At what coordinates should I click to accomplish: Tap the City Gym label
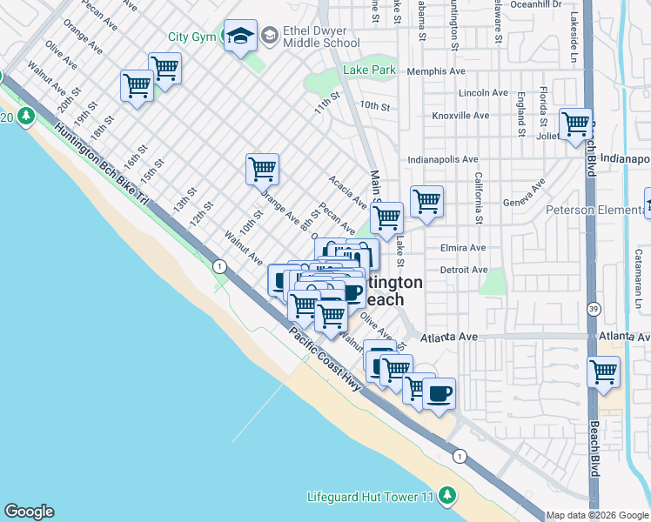[191, 37]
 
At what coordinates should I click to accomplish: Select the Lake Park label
[370, 70]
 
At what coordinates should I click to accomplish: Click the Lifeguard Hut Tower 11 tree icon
[447, 496]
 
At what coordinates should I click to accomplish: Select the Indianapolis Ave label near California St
[444, 160]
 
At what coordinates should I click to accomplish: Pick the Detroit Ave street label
[464, 270]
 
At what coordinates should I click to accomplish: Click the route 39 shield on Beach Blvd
[594, 309]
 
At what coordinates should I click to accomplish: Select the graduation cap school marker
[239, 36]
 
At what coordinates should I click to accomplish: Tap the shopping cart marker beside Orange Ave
[262, 169]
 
